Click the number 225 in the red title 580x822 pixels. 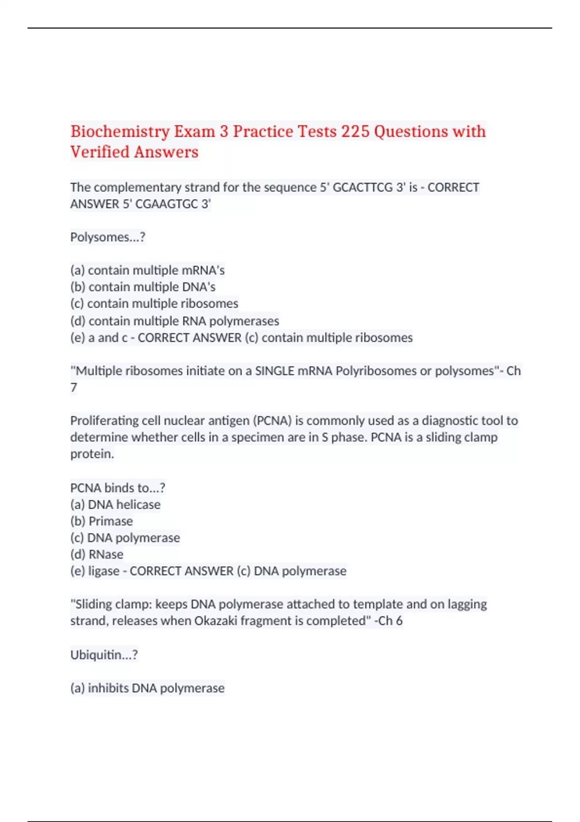point(355,132)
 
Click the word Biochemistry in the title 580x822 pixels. point(120,132)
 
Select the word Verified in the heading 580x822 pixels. point(100,152)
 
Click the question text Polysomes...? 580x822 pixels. point(108,237)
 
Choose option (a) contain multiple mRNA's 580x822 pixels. point(147,270)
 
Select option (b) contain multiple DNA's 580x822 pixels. point(143,287)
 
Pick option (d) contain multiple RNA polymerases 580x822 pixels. point(174,321)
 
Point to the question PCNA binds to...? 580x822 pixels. point(117,488)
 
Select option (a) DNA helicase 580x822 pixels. point(115,505)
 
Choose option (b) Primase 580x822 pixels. point(101,521)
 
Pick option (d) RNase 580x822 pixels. point(97,555)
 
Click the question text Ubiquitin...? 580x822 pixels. point(104,655)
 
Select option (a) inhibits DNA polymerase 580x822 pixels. point(147,688)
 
